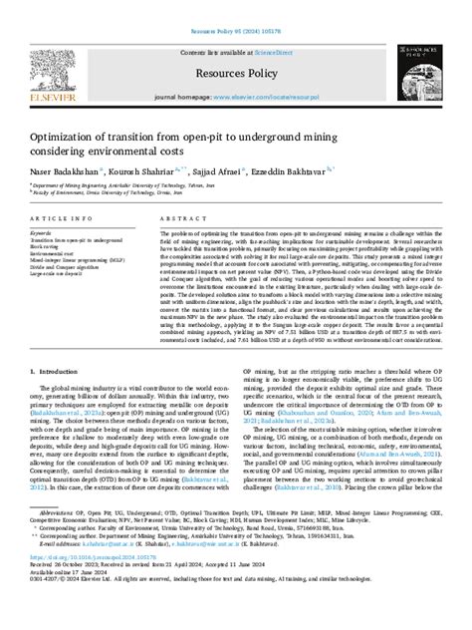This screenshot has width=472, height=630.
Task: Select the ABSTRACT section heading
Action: pyautogui.click(x=178, y=217)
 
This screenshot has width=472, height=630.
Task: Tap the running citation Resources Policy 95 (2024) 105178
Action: pyautogui.click(x=236, y=5)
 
